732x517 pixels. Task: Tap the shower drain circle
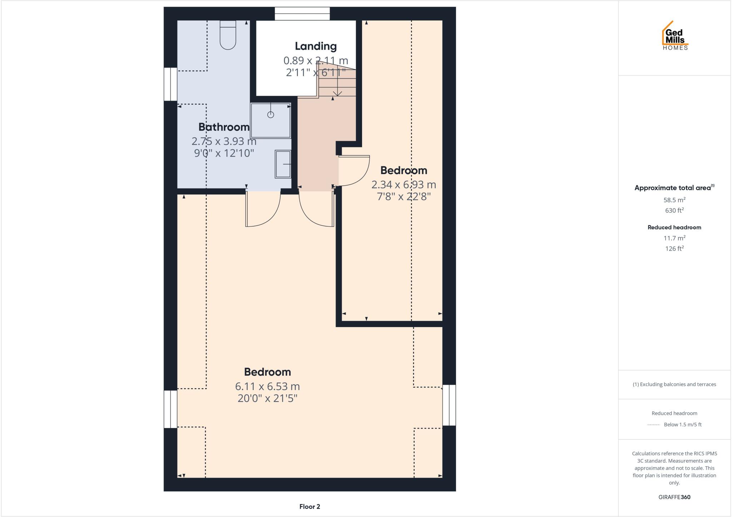coord(271,115)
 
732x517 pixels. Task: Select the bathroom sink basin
coord(283,164)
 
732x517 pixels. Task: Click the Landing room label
coord(316,46)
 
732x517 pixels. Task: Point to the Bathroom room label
coord(224,127)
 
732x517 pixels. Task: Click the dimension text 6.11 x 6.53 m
coord(267,386)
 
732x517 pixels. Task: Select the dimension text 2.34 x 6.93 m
coord(404,185)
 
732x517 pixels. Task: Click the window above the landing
coord(302,14)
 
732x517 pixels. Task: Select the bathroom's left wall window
coord(170,84)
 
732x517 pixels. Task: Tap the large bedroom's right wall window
coord(449,405)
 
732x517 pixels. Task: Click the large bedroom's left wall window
coord(170,409)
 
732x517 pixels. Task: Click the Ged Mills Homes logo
coord(675,36)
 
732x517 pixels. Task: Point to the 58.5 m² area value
coord(674,200)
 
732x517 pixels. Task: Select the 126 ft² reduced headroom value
coord(674,248)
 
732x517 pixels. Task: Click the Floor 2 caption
coord(310,507)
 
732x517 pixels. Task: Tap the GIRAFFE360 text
coord(674,497)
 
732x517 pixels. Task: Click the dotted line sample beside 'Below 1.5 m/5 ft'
coord(653,425)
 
